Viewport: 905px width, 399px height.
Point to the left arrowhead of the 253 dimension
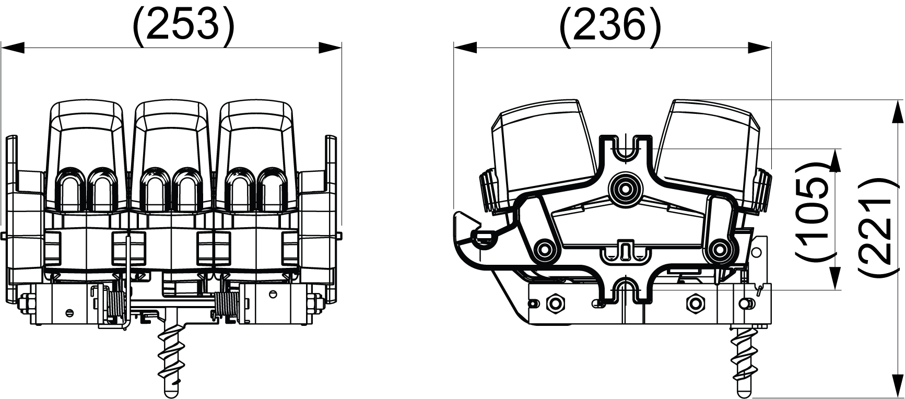tap(13, 48)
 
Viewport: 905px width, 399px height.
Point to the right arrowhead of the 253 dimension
tap(330, 48)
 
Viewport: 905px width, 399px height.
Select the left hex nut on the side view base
tap(554, 302)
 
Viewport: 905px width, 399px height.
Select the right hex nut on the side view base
tap(696, 302)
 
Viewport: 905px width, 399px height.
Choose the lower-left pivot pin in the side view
tap(545, 249)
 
